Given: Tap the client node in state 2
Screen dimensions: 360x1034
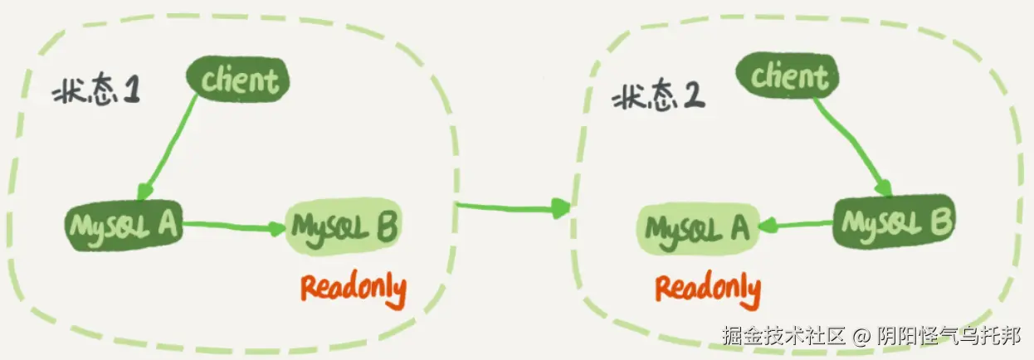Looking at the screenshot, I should click(x=789, y=77).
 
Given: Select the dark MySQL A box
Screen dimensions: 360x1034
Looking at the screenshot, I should click(x=124, y=224).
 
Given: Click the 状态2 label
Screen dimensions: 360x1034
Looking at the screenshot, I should click(x=658, y=100).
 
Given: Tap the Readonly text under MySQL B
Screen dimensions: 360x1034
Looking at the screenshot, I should click(x=354, y=287).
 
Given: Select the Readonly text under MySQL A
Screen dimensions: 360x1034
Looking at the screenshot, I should click(x=708, y=287).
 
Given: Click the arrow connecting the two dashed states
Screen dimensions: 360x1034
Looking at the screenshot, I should click(x=513, y=206).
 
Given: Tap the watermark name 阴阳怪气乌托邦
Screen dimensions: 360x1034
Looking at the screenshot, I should click(x=950, y=336).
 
